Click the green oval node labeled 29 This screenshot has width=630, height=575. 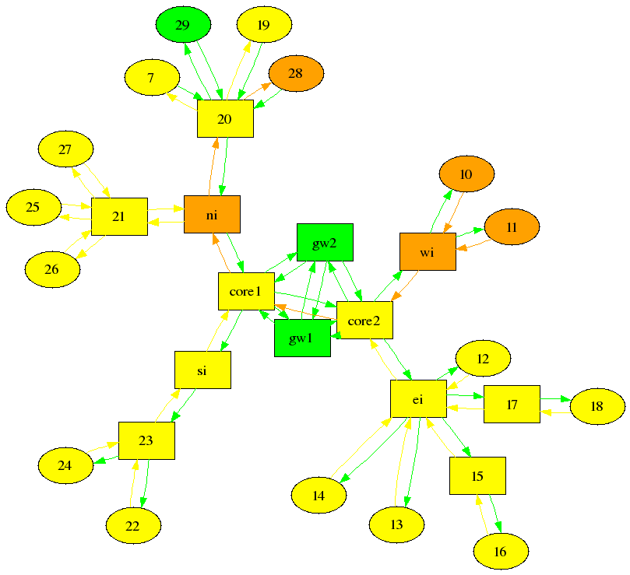click(183, 26)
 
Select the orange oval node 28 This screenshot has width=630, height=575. click(296, 74)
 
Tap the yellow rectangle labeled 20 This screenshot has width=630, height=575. click(225, 119)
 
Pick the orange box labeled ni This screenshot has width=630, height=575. click(212, 215)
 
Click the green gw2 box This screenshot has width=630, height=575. click(325, 243)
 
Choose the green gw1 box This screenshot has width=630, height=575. click(302, 338)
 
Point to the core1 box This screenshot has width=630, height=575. click(245, 292)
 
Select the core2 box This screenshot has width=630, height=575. click(364, 320)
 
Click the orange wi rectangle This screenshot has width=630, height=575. click(428, 252)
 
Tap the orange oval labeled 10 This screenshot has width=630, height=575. click(466, 174)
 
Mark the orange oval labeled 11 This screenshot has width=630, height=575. click(512, 228)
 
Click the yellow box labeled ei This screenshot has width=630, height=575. click(418, 399)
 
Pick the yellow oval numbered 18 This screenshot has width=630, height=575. click(597, 406)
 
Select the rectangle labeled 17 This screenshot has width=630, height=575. click(512, 405)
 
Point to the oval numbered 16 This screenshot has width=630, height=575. click(500, 552)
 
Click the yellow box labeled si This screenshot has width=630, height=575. click(202, 370)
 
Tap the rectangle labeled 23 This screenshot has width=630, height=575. click(146, 440)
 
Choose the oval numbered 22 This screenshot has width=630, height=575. click(133, 527)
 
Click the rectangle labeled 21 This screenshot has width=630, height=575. click(119, 216)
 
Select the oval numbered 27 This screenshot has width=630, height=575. click(65, 149)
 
